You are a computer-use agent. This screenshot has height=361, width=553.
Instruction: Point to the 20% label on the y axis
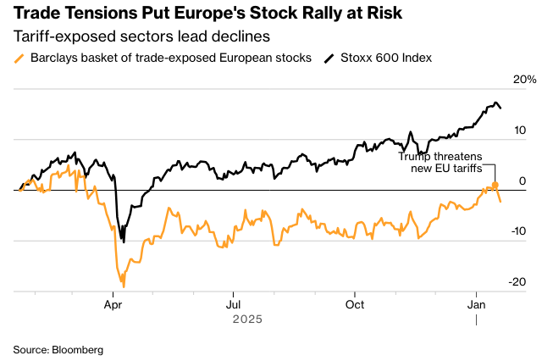[x=524, y=80]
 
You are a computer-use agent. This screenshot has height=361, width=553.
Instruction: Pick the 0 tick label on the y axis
[x=523, y=180]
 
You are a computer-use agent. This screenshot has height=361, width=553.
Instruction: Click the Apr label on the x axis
[x=113, y=303]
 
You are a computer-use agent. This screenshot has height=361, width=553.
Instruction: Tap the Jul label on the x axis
[x=233, y=303]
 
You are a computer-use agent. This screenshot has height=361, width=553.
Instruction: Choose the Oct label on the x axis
[x=356, y=303]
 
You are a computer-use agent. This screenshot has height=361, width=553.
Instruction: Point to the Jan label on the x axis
[x=476, y=303]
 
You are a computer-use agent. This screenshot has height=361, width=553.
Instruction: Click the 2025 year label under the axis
[x=247, y=319]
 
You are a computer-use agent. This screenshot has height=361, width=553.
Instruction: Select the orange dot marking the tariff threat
[x=495, y=185]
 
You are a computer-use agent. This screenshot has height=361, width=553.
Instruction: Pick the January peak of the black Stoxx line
[x=493, y=103]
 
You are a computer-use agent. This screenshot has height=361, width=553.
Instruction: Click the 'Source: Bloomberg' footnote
[x=58, y=349]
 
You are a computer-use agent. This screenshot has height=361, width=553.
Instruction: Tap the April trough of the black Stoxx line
[x=124, y=242]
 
